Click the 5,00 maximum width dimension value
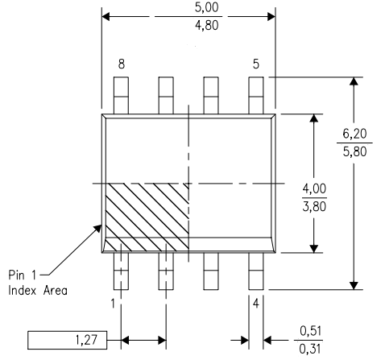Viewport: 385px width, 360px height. tap(206, 7)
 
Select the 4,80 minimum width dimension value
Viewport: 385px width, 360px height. tap(206, 26)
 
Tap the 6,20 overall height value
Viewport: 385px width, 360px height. tap(354, 134)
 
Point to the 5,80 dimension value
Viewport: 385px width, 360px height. tap(354, 151)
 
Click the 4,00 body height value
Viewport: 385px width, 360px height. tap(314, 188)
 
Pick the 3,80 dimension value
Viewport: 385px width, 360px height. tap(314, 206)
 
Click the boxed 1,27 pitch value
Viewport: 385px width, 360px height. tap(86, 340)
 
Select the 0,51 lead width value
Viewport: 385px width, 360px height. tap(310, 331)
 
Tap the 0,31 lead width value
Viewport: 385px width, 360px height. tap(310, 349)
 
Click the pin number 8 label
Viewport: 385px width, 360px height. tap(122, 64)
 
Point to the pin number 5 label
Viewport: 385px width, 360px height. tap(256, 64)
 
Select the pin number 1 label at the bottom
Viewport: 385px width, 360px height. tap(113, 304)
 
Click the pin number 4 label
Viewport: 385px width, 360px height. tap(256, 304)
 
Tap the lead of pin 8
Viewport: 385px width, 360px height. tap(121, 96)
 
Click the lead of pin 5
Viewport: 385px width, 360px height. tap(256, 96)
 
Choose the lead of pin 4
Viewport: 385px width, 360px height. tap(256, 271)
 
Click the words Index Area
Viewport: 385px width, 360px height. tap(38, 291)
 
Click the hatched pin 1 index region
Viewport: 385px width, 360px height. tap(147, 217)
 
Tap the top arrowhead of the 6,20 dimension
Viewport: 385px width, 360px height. tap(354, 81)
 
